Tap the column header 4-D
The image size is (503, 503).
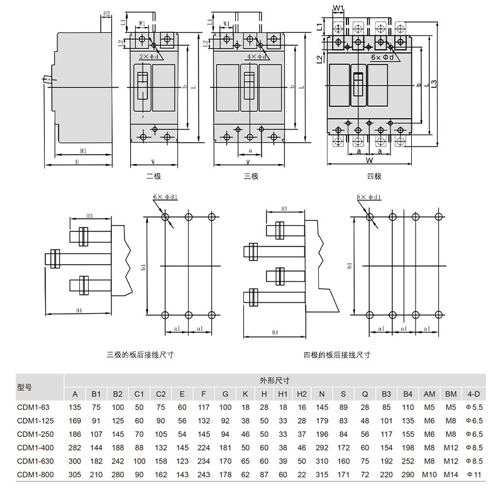point(473,394)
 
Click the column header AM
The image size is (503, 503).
point(429,394)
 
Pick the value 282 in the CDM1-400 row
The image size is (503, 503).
point(75,447)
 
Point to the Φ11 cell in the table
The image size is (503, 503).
point(473,474)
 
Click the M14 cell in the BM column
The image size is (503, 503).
point(451,474)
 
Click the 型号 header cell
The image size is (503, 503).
point(25,387)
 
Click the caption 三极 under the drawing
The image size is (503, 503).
point(251,177)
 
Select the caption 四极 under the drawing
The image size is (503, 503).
point(374,177)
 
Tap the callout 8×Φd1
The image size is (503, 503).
point(368,197)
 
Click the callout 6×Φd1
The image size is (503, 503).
point(165,197)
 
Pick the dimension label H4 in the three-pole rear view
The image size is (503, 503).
point(78,311)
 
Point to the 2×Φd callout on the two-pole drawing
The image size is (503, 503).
point(149,56)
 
